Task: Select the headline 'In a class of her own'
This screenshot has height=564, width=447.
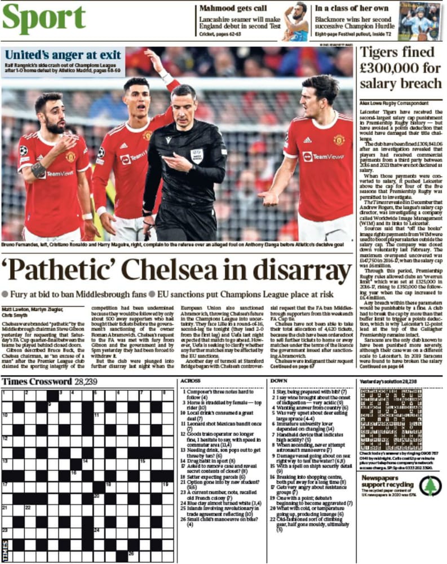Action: pyautogui.click(x=352, y=8)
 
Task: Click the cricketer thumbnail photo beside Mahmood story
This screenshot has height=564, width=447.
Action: pyautogui.click(x=296, y=21)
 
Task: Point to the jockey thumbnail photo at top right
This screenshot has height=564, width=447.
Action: pyautogui.click(x=421, y=21)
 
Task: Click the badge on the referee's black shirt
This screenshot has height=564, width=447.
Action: pyautogui.click(x=196, y=155)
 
